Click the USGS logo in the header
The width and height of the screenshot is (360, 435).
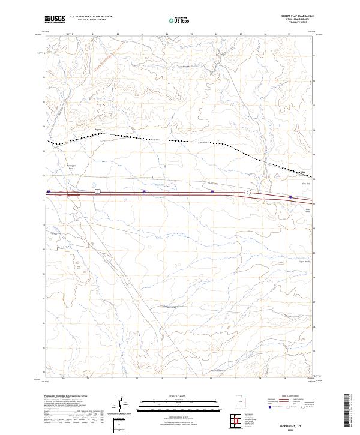pyautogui.click(x=55, y=19)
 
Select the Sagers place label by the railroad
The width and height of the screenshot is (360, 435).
pyautogui.click(x=99, y=128)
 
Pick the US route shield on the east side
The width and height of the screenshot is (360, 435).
pyautogui.click(x=247, y=192)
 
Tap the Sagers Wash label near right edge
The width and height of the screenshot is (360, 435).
pyautogui.click(x=302, y=262)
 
